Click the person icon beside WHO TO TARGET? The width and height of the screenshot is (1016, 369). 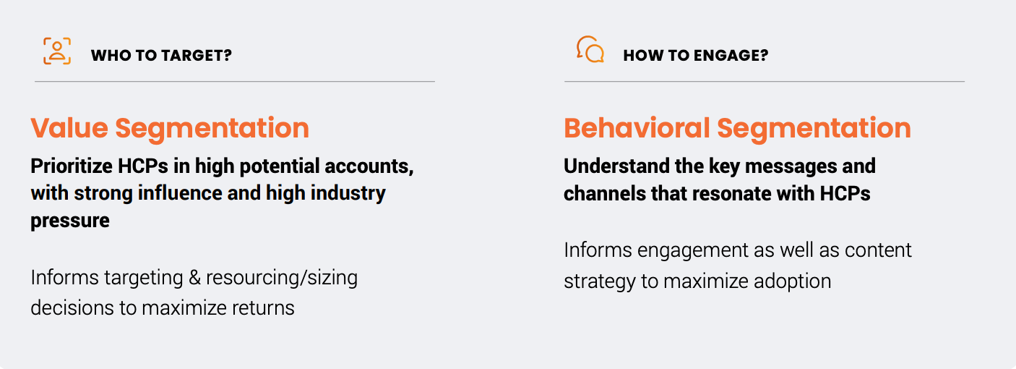click(57, 51)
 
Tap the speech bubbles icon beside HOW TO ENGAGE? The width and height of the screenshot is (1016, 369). click(590, 49)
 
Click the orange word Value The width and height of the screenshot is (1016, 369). click(69, 127)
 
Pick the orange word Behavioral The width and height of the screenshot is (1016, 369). click(637, 127)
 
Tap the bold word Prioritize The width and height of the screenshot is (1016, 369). click(72, 166)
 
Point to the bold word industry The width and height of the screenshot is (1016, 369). click(348, 194)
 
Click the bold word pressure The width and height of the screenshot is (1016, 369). click(70, 221)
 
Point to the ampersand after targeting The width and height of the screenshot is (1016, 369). click(194, 278)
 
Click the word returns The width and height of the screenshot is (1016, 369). click(263, 308)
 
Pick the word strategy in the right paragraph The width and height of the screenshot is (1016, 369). click(599, 282)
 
